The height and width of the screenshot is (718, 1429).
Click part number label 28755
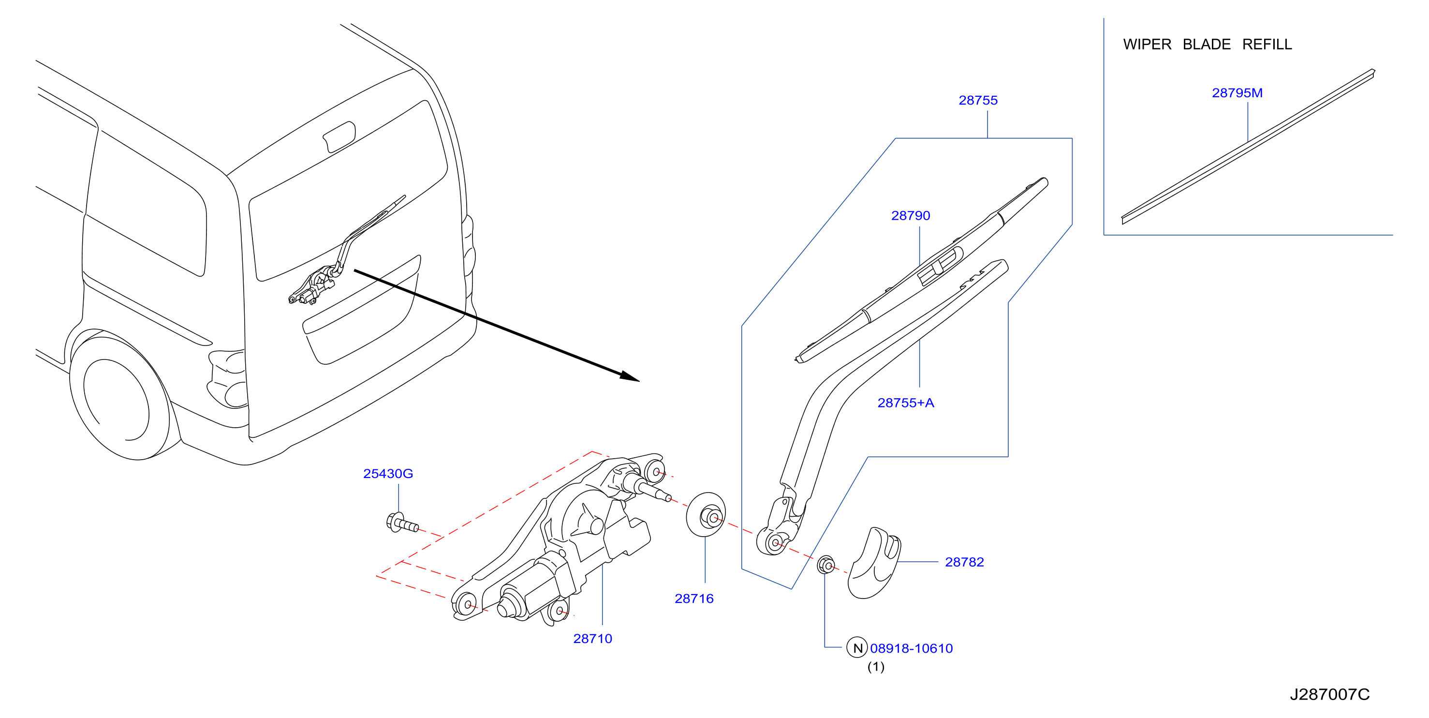(977, 101)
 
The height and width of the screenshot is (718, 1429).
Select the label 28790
(910, 216)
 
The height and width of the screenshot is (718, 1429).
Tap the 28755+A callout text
(905, 403)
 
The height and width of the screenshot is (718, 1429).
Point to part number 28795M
(1237, 93)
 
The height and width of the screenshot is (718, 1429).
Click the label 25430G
(388, 474)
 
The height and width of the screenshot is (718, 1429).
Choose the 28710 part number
(592, 639)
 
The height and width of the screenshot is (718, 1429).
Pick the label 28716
(694, 598)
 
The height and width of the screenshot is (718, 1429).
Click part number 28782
(964, 562)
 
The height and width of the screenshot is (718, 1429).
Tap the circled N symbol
(857, 647)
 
